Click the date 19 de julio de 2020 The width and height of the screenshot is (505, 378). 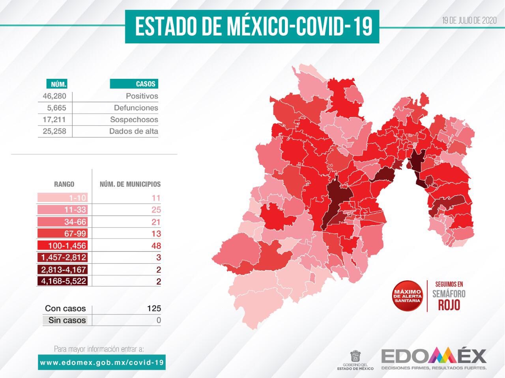point(469,21)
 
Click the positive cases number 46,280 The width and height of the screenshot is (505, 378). point(54,96)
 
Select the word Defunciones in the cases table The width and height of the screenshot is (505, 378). point(136,108)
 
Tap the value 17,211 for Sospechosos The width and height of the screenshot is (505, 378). point(54,119)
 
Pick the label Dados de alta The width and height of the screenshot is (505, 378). point(133,131)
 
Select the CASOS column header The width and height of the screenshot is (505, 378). point(134,84)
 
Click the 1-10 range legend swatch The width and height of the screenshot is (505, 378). point(62,198)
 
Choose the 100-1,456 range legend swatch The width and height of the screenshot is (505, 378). point(62,246)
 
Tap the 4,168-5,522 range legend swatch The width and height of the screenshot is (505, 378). point(62,281)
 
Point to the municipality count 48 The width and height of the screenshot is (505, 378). point(156,246)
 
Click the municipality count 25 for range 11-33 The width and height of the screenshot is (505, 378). point(156,210)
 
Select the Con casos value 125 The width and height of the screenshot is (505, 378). point(154,308)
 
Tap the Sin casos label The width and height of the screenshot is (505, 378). point(67,320)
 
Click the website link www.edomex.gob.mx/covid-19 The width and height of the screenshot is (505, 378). point(102,362)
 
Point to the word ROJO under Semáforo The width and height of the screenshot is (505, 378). point(449,305)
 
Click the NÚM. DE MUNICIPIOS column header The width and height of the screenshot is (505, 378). point(130,184)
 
